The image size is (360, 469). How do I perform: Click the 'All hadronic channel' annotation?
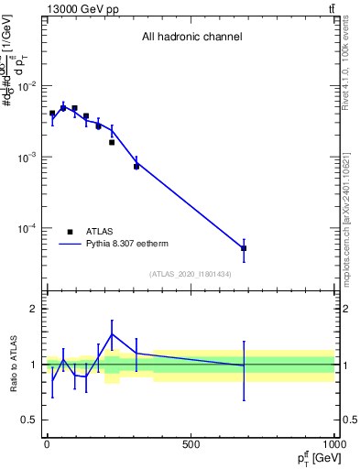pos(191,38)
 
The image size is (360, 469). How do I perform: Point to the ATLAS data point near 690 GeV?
pos(244,248)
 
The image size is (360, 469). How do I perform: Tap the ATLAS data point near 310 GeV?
pos(136,167)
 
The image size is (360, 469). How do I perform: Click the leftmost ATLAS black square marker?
pos(52,114)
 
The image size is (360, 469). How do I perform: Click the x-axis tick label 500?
pos(191,443)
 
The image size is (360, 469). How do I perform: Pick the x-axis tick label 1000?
pos(333,443)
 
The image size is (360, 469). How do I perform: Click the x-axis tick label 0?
pos(47,443)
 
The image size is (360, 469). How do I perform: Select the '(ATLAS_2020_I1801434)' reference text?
pos(191,274)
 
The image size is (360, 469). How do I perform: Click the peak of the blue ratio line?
pos(112,334)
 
